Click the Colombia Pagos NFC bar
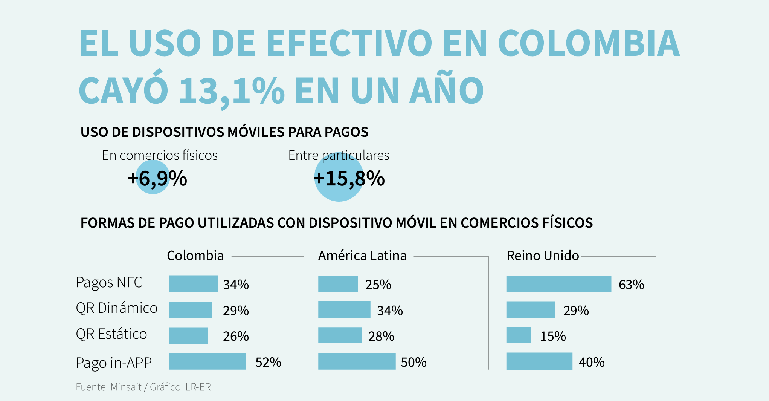193,284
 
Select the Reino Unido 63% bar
558,284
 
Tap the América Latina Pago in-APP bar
357,361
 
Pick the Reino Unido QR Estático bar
518,335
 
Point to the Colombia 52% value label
268,362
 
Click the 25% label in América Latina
378,285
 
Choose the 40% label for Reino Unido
591,362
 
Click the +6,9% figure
157,178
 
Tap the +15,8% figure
349,178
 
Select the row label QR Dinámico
116,308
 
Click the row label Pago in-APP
114,363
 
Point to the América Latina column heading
362,256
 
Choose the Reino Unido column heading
542,256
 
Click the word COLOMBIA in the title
589,43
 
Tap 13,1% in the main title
232,91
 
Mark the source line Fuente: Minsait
109,387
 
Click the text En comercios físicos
160,155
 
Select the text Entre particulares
339,155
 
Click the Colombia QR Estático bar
188,335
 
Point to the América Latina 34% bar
344,309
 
